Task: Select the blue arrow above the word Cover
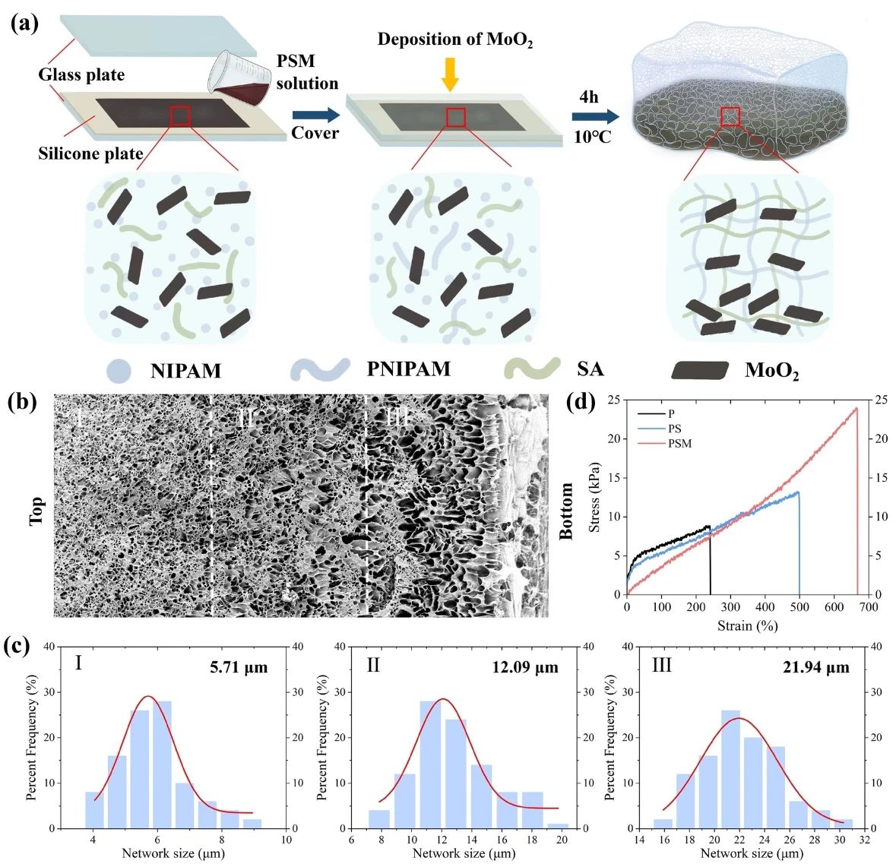(x=316, y=115)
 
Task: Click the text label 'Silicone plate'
(x=90, y=153)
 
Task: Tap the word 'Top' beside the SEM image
(x=36, y=511)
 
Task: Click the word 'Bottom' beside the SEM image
(x=567, y=511)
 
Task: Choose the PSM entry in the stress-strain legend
(x=679, y=443)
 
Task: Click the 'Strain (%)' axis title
(x=746, y=626)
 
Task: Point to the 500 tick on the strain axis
(x=799, y=608)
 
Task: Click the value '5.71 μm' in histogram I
(x=238, y=669)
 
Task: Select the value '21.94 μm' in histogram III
(x=816, y=669)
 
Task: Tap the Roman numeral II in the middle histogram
(x=373, y=666)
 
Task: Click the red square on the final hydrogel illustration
(x=730, y=116)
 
